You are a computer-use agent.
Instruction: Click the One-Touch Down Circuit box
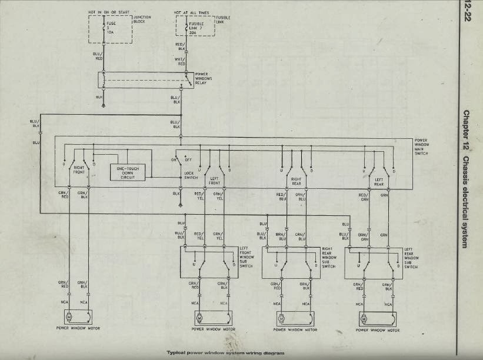point(128,172)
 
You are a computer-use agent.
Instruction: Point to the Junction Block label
point(142,19)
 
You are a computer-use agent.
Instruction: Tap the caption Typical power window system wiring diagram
point(222,352)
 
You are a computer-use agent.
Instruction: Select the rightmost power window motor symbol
point(363,318)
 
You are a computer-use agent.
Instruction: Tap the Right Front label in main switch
point(80,169)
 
